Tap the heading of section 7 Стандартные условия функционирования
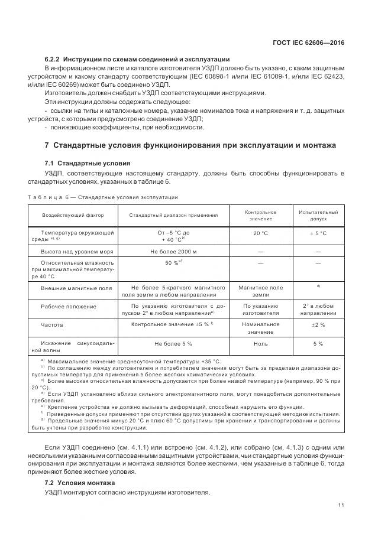[x=190, y=145]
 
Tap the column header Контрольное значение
[x=260, y=215]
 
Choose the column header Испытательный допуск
[x=318, y=215]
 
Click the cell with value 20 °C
[x=260, y=234]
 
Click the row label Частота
[x=52, y=325]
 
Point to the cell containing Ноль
[x=260, y=343]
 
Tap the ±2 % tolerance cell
[x=318, y=325]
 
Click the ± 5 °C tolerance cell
[x=318, y=234]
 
